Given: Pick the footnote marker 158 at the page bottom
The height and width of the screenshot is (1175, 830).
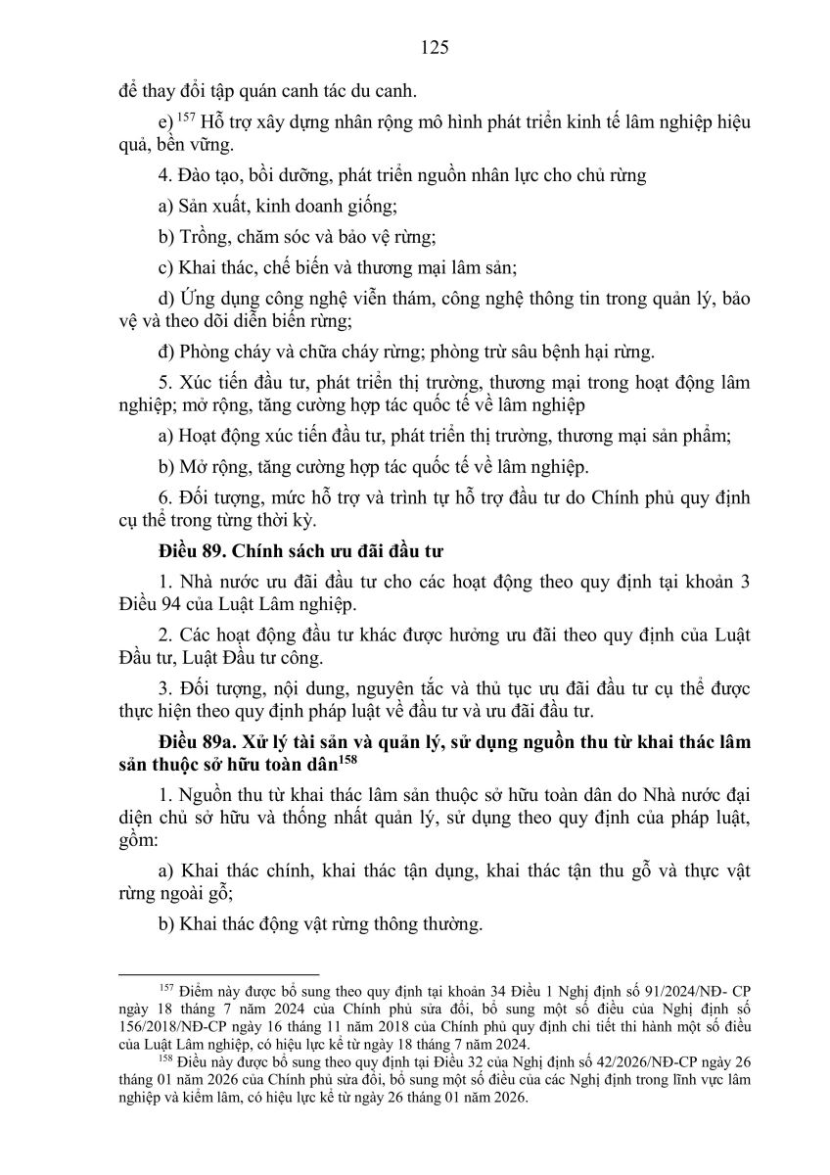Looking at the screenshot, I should (x=164, y=1061).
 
